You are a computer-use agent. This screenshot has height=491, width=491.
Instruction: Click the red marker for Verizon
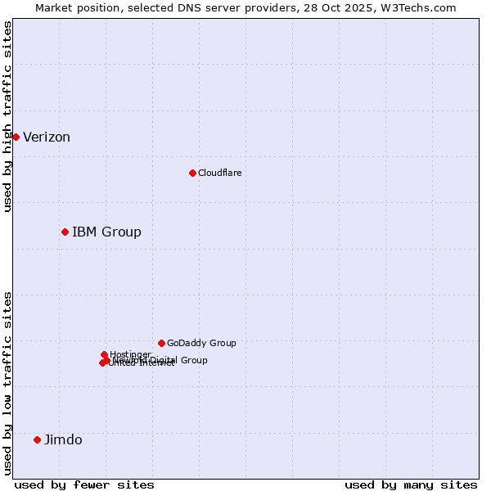16,137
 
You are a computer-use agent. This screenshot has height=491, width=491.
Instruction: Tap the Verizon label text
47,137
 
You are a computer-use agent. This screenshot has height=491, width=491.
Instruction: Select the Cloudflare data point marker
192,173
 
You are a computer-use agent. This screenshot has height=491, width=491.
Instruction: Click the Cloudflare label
219,173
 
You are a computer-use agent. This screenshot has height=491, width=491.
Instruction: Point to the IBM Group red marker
65,232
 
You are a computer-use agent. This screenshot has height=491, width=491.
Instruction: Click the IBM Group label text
106,232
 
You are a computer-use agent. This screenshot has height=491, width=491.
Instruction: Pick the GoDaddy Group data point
161,343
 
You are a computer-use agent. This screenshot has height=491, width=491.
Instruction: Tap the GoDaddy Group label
201,344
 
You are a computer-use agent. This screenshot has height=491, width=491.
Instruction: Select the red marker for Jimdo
37,439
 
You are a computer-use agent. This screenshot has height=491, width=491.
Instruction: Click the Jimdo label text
63,440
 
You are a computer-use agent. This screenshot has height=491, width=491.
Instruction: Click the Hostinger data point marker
104,354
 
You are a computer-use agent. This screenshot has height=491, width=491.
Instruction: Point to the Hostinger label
131,354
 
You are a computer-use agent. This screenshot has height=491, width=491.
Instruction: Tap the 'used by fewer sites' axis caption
84,485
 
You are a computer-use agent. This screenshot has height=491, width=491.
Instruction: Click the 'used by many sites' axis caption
411,485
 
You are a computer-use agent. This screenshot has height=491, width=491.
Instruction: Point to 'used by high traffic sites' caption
7,116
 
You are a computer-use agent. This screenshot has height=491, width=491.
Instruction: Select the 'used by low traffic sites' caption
7,383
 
